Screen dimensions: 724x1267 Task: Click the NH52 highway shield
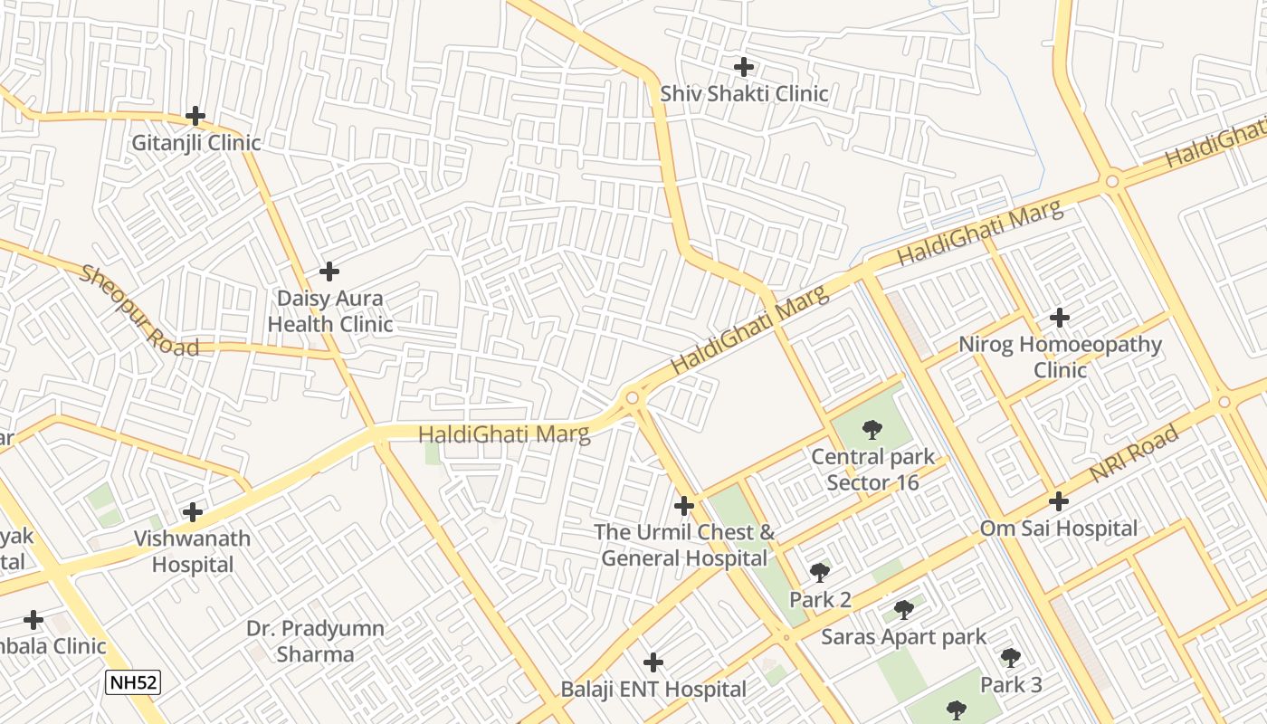(x=133, y=682)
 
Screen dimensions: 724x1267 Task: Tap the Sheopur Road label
(x=138, y=310)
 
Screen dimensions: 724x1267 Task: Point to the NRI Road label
(x=1134, y=453)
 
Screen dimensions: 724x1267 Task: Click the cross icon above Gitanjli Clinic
(x=195, y=116)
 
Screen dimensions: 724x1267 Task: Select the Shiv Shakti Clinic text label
(x=744, y=94)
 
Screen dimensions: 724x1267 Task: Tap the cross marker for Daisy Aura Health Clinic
(x=329, y=271)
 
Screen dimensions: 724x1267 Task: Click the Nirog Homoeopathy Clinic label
(x=1060, y=357)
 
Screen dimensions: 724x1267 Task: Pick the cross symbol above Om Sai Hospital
(x=1059, y=500)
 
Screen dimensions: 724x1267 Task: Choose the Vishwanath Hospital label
(x=192, y=551)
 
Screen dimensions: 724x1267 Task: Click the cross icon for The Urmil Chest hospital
(x=684, y=505)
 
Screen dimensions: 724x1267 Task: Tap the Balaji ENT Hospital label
(x=653, y=690)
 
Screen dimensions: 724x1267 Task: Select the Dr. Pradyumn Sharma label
(x=316, y=641)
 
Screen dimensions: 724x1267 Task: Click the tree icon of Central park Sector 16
(x=872, y=429)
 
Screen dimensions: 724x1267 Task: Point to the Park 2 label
(x=820, y=600)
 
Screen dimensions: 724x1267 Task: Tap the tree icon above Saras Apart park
(x=903, y=609)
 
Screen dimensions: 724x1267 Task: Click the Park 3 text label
(x=1011, y=685)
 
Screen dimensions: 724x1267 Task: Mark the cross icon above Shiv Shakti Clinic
(x=744, y=67)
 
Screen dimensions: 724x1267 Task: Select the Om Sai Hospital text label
(x=1059, y=529)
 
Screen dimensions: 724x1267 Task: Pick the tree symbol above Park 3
(x=1011, y=658)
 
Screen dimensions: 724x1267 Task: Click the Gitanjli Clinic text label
(x=196, y=143)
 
